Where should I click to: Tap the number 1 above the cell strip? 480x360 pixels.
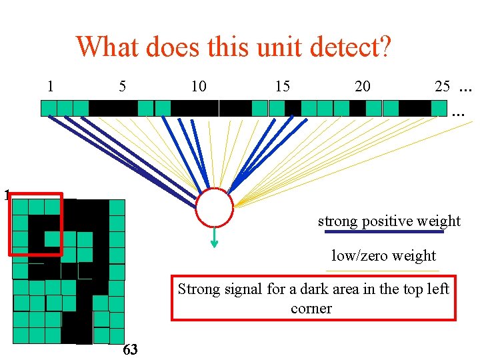click(51, 86)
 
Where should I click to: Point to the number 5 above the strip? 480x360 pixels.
click(122, 86)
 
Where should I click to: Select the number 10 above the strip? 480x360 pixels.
click(199, 87)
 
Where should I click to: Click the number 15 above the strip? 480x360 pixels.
click(282, 87)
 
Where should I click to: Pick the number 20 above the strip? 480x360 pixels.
click(363, 87)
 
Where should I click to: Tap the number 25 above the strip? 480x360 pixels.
click(443, 87)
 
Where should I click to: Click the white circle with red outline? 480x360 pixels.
click(214, 209)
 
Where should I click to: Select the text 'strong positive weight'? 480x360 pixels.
click(389, 221)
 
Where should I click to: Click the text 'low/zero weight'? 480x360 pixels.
click(384, 255)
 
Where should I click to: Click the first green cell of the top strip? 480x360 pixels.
click(49, 108)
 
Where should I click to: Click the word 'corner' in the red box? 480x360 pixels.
click(311, 309)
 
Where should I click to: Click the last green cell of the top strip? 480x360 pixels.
click(439, 108)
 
